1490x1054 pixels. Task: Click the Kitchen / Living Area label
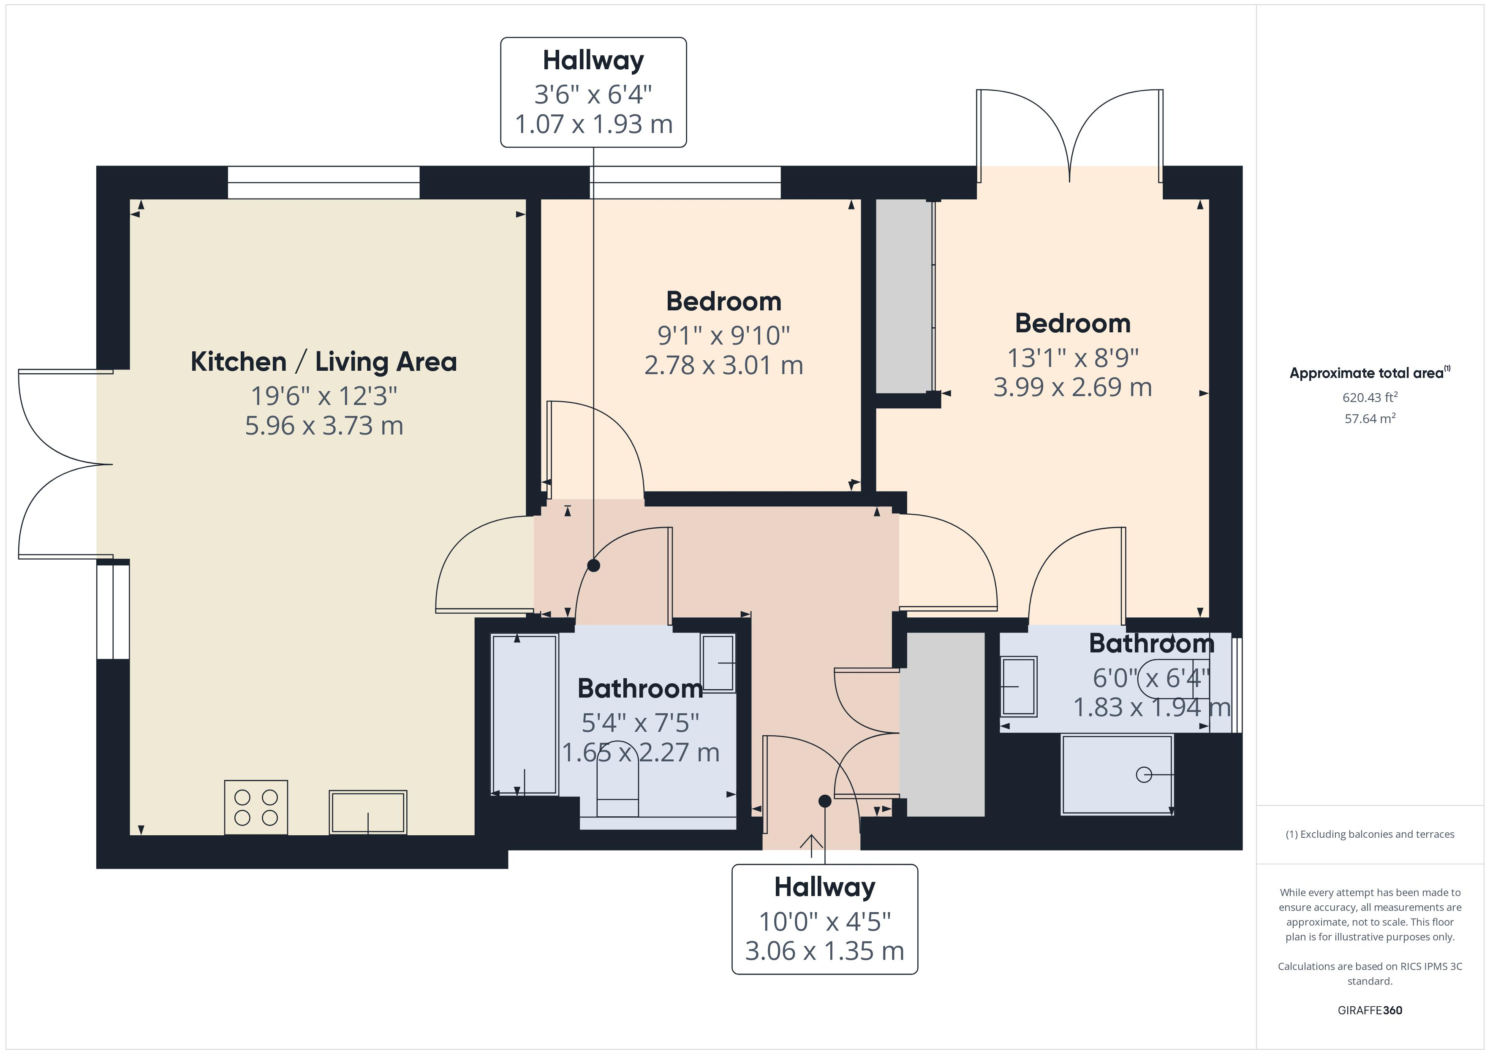pyautogui.click(x=324, y=361)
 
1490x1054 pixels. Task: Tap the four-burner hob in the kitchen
pyautogui.click(x=256, y=807)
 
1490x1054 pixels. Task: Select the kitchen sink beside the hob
pyautogui.click(x=368, y=812)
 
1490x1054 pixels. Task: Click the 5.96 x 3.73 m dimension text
pyautogui.click(x=324, y=426)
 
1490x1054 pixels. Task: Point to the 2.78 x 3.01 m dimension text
pyautogui.click(x=723, y=365)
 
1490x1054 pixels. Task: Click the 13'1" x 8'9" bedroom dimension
pyautogui.click(x=1073, y=358)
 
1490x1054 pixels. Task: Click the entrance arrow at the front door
pyautogui.click(x=811, y=842)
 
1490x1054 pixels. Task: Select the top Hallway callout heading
pyautogui.click(x=593, y=61)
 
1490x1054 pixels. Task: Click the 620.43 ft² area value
pyautogui.click(x=1370, y=397)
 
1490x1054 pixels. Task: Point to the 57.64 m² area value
pyautogui.click(x=1370, y=418)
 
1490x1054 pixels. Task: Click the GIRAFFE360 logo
pyautogui.click(x=1370, y=1011)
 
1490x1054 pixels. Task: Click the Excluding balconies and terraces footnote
pyautogui.click(x=1370, y=835)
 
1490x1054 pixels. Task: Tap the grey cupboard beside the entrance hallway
pyautogui.click(x=946, y=724)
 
